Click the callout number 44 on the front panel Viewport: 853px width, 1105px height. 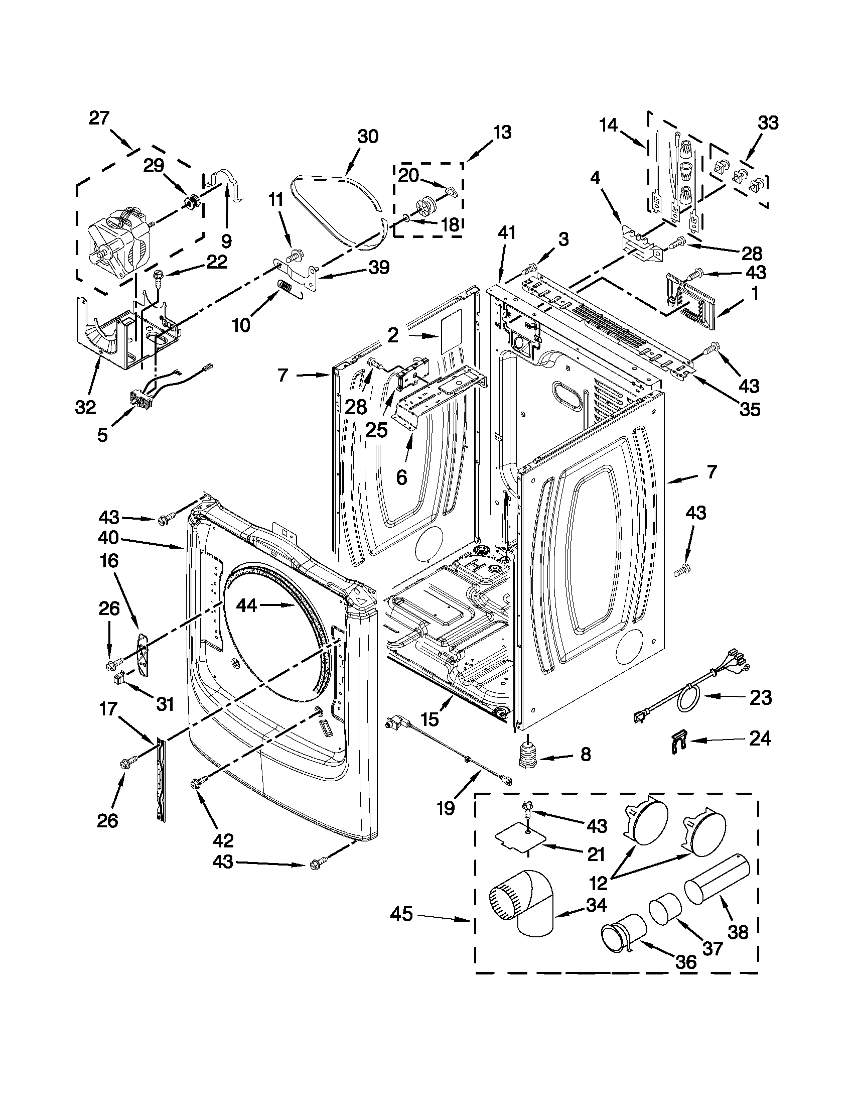(x=247, y=605)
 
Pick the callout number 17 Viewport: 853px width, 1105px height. (x=108, y=709)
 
